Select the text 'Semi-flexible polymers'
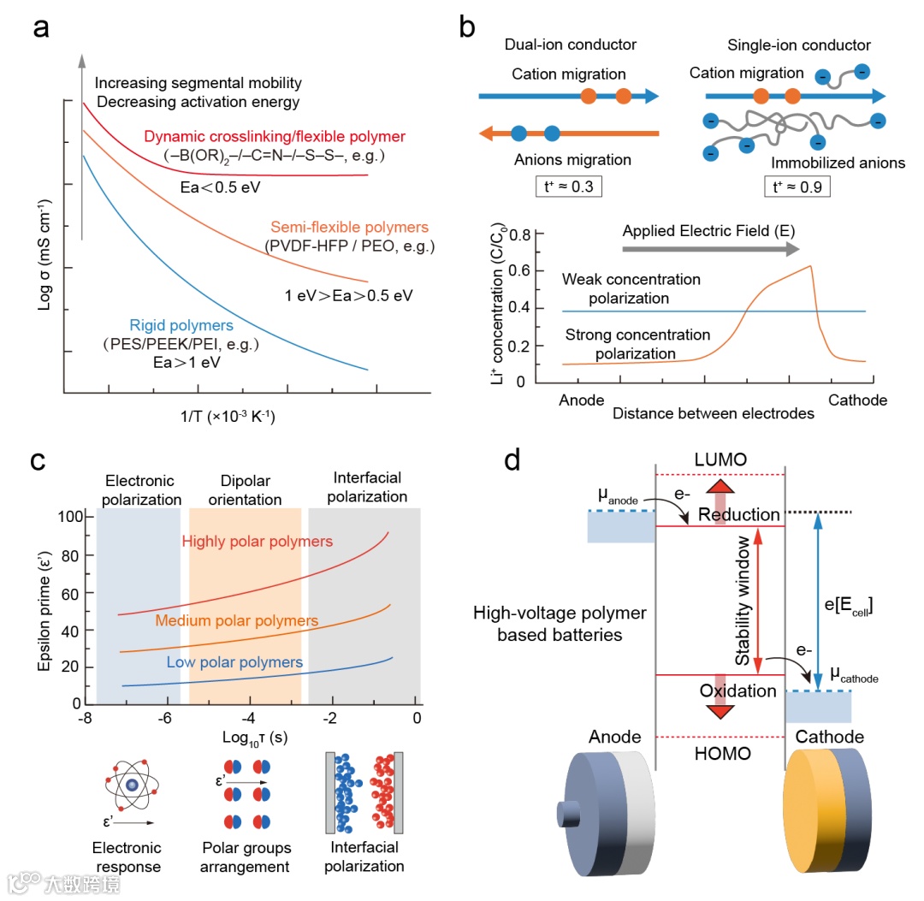tap(349, 228)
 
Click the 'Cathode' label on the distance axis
tap(857, 400)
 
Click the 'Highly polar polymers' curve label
tap(258, 542)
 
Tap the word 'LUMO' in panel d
tap(721, 459)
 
